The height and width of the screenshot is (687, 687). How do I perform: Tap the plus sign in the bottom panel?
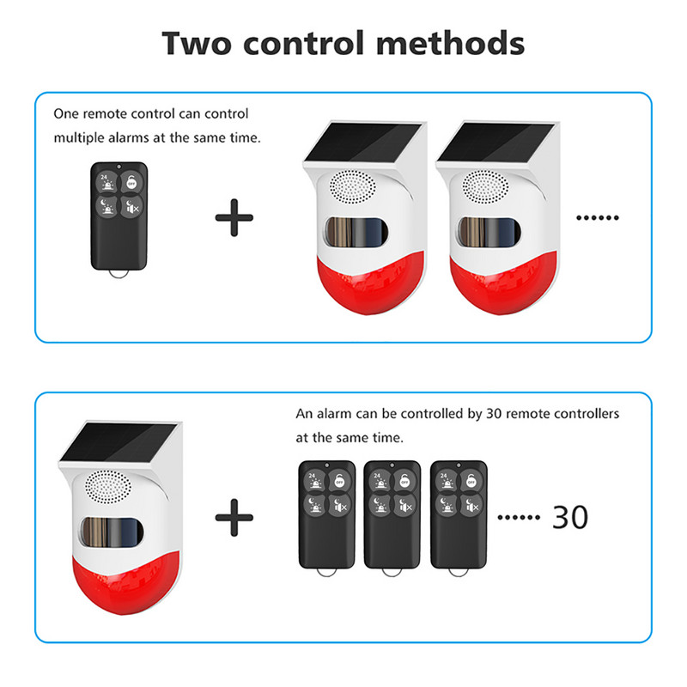(234, 517)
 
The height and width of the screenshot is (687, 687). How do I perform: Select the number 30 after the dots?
(568, 517)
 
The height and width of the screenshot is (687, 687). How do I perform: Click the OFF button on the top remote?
(131, 181)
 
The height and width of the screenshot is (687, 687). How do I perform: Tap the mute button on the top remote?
(131, 208)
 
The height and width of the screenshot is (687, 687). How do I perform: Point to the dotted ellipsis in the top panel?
(596, 217)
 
